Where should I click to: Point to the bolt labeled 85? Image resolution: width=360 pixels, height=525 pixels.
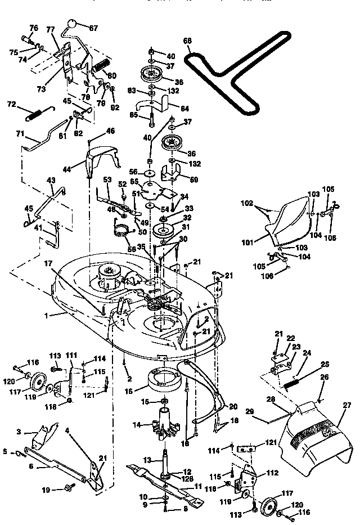click(x=152, y=120)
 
